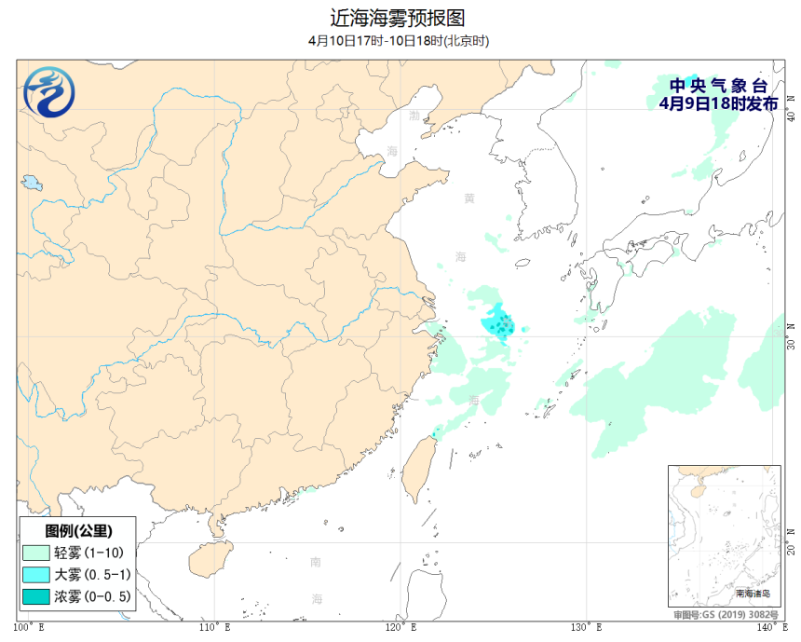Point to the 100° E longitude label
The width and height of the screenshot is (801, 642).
click(31, 626)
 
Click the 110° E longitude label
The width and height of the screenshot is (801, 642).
click(216, 626)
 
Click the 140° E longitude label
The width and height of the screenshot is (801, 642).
click(769, 626)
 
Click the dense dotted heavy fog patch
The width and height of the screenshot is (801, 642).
click(499, 324)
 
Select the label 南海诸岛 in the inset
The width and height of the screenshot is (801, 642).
click(753, 593)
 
